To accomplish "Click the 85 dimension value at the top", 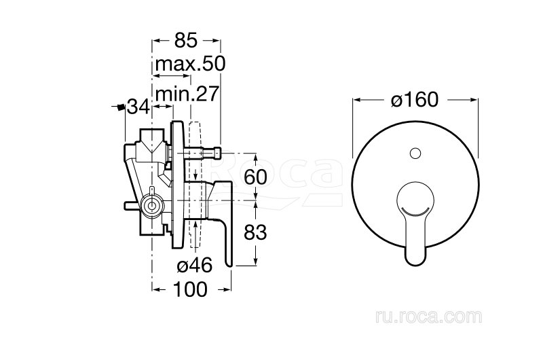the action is pos(185,40).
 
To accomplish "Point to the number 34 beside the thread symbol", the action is pos(138,107).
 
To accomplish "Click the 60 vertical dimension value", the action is pos(256,177).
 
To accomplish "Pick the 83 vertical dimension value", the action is pos(256,232).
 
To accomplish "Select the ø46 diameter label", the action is pos(194,266).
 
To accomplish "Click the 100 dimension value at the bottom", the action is pos(190,289).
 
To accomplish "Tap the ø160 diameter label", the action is pos(415,100).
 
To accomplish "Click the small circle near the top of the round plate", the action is pos(415,153).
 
